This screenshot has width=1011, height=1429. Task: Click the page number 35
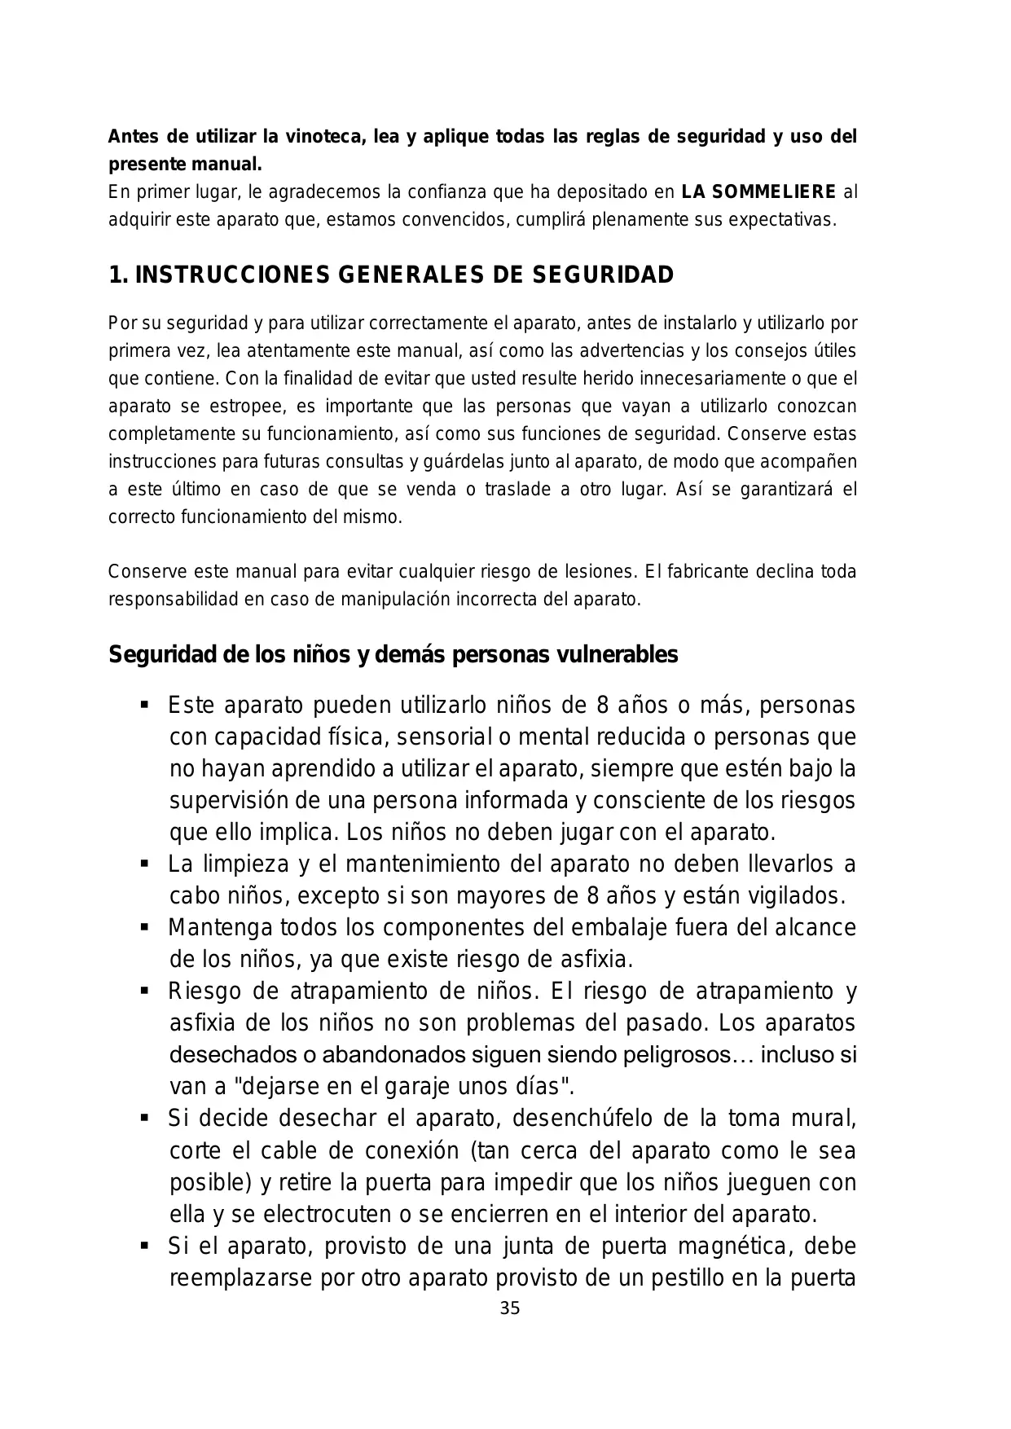pos(509,1309)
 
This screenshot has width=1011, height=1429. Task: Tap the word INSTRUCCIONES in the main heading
pos(232,275)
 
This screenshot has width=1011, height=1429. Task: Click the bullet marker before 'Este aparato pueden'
pos(145,704)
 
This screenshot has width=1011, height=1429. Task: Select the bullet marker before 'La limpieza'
pos(145,863)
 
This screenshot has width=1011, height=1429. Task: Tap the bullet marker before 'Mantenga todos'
pos(145,927)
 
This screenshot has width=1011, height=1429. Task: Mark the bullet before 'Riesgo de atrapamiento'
pos(145,991)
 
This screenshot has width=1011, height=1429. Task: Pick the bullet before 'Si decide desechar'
pos(145,1118)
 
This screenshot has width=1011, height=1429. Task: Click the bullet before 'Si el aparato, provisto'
pos(145,1246)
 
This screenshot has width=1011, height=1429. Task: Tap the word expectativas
pos(780,221)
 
